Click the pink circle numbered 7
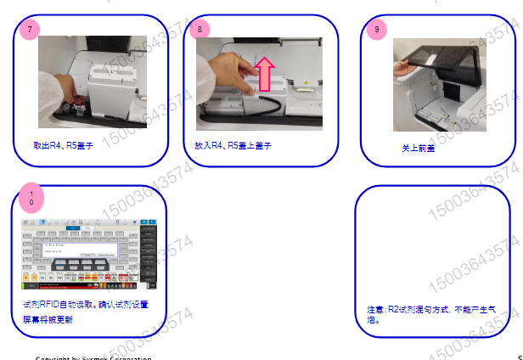click(x=31, y=29)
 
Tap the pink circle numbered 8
click(x=200, y=29)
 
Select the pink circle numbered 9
click(x=377, y=29)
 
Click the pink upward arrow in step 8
click(x=264, y=75)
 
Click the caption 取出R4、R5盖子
click(x=64, y=146)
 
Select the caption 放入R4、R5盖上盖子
click(x=233, y=146)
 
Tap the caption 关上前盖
click(x=418, y=147)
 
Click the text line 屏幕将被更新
click(x=48, y=320)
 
